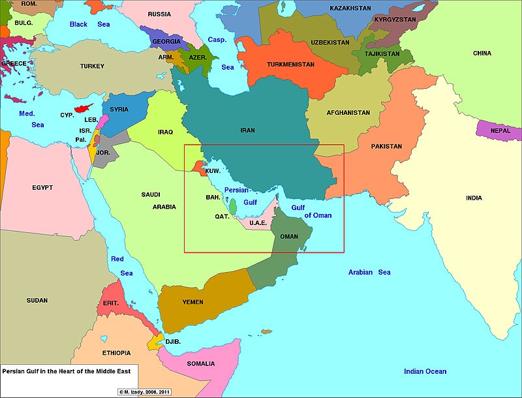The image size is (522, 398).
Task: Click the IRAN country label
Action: click(247, 130)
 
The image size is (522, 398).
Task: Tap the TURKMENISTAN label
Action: click(290, 65)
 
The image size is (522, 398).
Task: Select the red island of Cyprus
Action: click(82, 108)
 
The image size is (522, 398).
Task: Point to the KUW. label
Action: click(213, 171)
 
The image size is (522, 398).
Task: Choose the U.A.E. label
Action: click(258, 223)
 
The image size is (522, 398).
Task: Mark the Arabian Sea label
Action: click(369, 272)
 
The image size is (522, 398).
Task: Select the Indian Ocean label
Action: click(425, 371)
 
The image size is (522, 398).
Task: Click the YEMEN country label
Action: click(192, 302)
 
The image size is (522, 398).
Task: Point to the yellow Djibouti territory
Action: click(155, 341)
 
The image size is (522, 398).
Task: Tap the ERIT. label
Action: click(111, 303)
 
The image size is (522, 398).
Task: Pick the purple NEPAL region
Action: click(500, 130)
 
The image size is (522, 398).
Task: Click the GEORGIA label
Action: click(166, 41)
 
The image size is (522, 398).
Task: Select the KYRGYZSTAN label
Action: click(395, 20)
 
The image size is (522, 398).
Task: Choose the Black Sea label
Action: click(90, 24)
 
